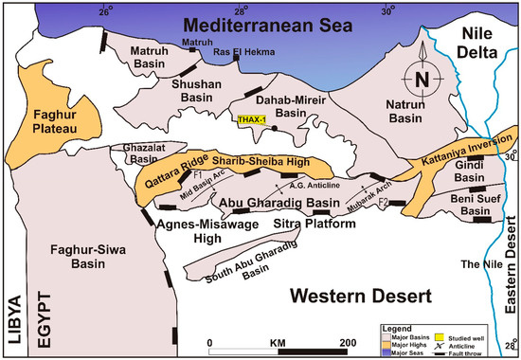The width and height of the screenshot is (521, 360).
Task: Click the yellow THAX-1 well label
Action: pyautogui.click(x=252, y=120)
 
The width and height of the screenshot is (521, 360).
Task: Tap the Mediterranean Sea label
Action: pyautogui.click(x=261, y=25)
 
